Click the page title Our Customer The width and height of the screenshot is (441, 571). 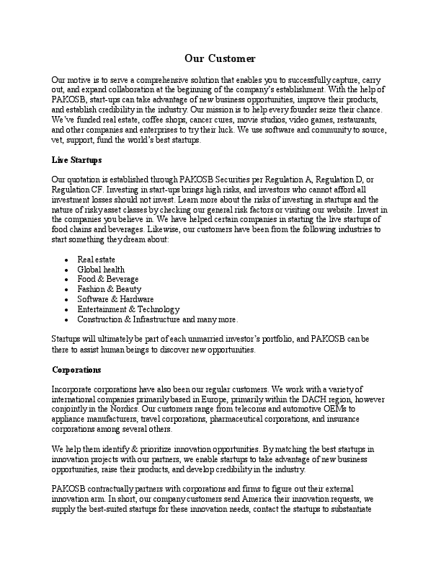220,58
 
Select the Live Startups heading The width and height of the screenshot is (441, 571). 77,159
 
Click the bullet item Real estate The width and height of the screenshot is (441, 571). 96,259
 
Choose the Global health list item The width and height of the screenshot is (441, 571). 101,269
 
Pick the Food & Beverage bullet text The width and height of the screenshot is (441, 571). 108,279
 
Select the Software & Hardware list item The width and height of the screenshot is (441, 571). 115,299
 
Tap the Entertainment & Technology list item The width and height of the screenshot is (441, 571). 128,309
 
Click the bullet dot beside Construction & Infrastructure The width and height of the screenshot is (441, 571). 66,319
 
